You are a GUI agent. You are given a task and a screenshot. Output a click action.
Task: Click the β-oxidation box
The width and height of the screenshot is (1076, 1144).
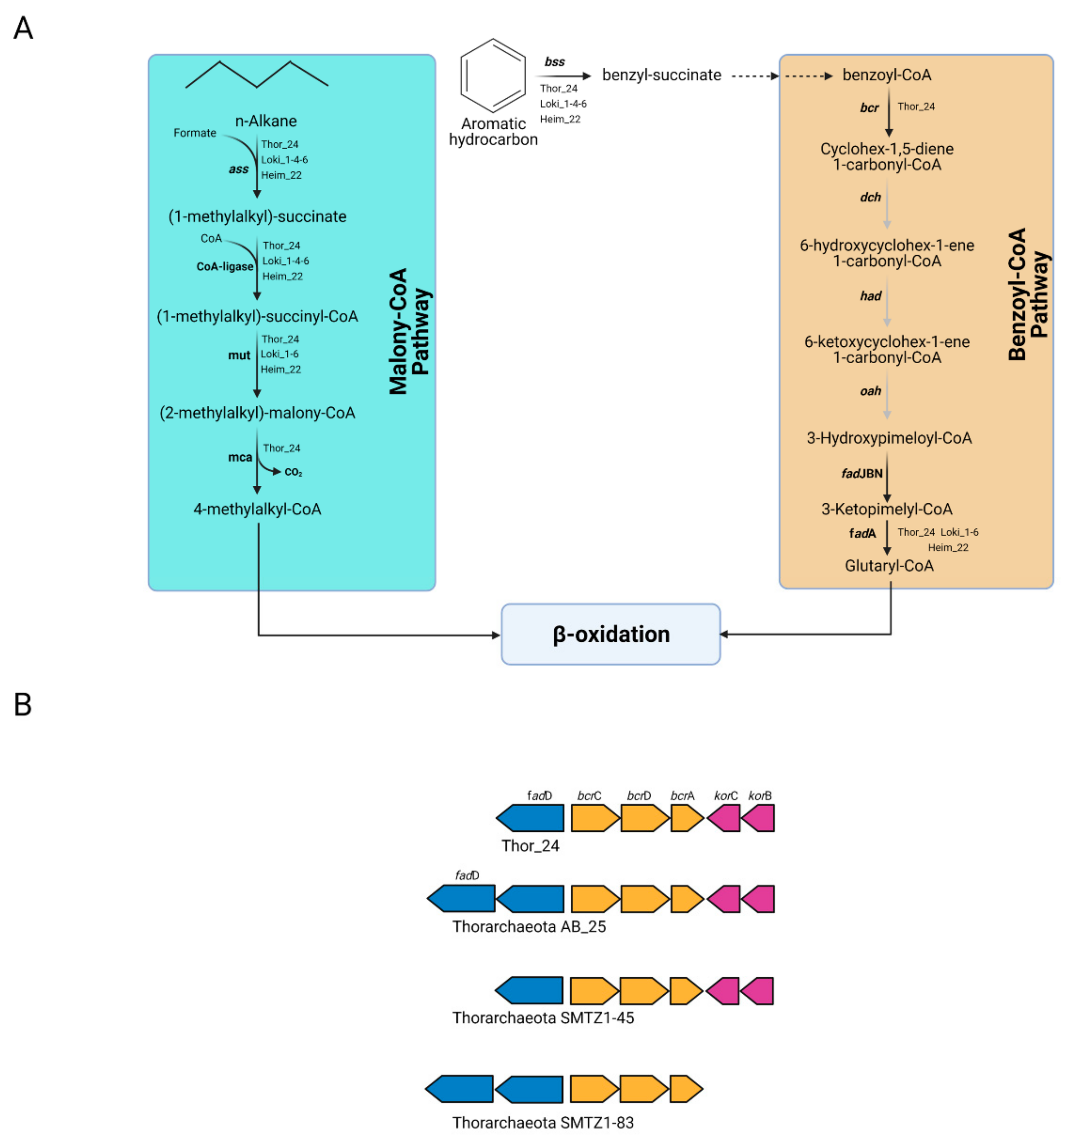tap(611, 634)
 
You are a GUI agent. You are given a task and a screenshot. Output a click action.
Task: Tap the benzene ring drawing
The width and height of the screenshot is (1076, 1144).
tap(493, 76)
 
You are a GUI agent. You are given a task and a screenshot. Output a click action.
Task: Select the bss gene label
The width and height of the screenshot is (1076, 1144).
tap(555, 61)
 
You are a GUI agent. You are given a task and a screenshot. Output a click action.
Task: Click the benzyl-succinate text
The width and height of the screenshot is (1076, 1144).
tap(662, 75)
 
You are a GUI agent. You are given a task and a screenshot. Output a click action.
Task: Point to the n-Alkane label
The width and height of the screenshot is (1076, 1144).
tap(266, 121)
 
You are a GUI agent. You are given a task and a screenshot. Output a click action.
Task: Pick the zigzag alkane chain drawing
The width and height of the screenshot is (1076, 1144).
tap(257, 74)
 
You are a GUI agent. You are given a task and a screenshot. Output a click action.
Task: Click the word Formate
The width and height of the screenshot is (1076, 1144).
tap(195, 133)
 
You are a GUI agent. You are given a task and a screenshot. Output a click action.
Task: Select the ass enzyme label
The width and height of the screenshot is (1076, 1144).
tap(239, 169)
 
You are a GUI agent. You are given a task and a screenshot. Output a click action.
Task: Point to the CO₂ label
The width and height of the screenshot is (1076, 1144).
tap(294, 472)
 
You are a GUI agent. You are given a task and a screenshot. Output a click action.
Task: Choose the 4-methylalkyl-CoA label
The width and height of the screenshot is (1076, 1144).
tap(257, 509)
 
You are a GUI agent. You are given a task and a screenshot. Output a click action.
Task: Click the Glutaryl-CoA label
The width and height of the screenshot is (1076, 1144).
tap(889, 566)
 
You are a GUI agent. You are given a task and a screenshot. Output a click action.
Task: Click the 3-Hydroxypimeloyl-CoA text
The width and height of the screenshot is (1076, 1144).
tap(889, 438)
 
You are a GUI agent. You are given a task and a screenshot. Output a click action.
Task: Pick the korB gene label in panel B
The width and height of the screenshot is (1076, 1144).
tap(760, 796)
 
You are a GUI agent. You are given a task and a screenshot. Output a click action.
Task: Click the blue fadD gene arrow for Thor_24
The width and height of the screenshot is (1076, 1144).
tap(530, 818)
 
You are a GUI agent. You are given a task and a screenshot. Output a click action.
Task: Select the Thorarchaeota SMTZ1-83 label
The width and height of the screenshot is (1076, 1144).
tap(543, 1123)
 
